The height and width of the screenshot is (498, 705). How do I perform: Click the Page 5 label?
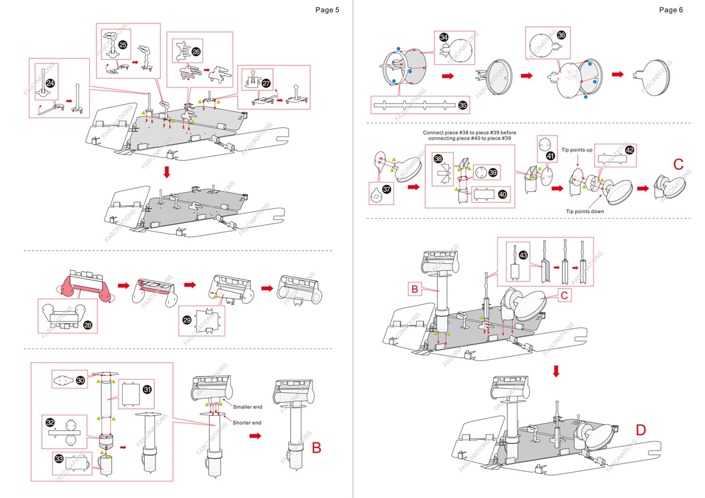click(327, 9)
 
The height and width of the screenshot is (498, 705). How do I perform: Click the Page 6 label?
click(671, 9)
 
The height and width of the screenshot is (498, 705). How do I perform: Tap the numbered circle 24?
click(50, 83)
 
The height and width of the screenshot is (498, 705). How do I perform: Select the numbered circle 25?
click(122, 45)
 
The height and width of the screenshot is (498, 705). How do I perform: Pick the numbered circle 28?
click(88, 325)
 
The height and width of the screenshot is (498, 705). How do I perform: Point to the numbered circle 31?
click(147, 389)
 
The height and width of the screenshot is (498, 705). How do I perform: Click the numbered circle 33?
click(59, 458)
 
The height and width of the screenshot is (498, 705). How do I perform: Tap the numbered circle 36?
click(561, 35)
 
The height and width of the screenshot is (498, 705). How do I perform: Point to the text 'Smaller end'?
click(247, 407)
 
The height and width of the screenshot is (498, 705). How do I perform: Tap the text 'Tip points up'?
click(577, 150)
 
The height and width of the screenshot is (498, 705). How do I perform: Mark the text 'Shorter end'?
click(247, 423)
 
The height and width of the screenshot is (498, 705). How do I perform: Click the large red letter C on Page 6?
click(679, 164)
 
